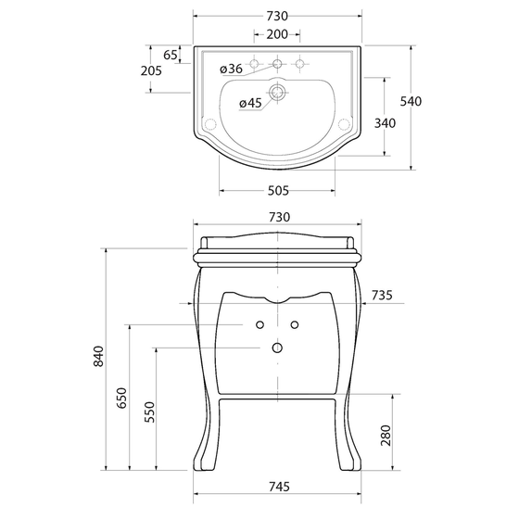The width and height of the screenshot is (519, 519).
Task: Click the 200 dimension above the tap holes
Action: [x=277, y=34]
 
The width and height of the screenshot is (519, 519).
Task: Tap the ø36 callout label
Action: [x=231, y=69]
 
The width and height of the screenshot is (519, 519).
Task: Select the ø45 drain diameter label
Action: [x=250, y=103]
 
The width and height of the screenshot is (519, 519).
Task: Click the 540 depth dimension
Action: [x=411, y=101]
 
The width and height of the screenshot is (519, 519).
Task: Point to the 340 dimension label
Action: [x=385, y=123]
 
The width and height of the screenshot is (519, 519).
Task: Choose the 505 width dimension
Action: [x=278, y=191]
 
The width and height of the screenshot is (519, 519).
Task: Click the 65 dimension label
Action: [x=171, y=55]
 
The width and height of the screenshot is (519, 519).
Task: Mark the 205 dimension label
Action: [x=151, y=70]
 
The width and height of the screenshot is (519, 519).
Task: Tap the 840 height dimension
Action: [x=98, y=356]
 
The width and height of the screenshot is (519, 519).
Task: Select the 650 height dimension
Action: [x=121, y=398]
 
